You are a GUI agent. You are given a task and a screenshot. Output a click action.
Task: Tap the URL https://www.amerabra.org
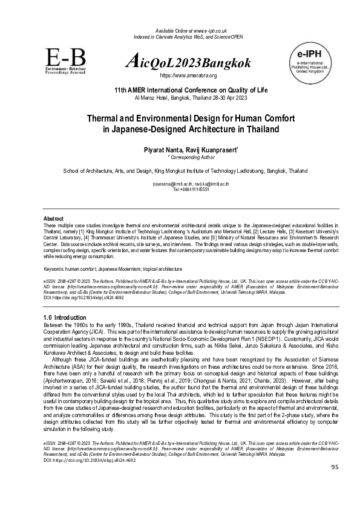[188, 76]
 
